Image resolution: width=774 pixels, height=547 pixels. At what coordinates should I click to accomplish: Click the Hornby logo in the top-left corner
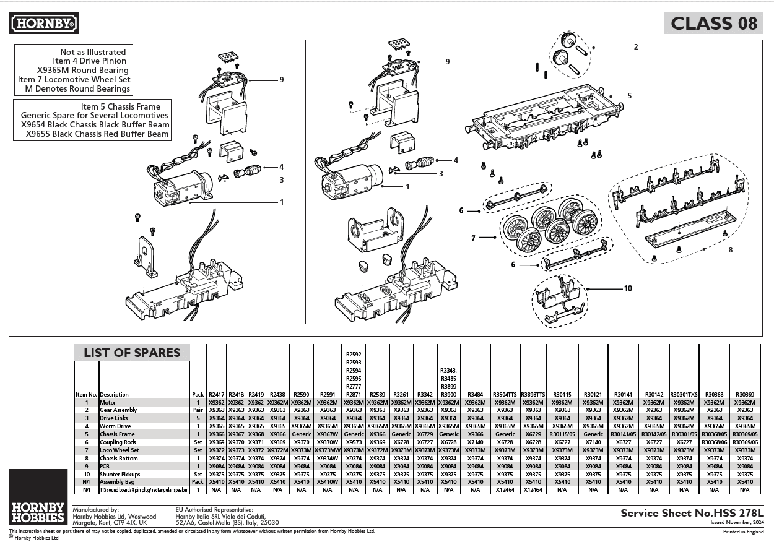tap(44, 24)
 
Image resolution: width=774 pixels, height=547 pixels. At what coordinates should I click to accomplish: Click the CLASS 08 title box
tap(713, 24)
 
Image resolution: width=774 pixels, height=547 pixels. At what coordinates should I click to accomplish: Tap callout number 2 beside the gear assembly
tap(635, 47)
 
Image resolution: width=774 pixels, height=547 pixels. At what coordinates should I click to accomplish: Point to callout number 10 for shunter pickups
tap(628, 288)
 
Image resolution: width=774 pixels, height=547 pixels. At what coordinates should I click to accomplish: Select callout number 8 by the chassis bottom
tap(730, 249)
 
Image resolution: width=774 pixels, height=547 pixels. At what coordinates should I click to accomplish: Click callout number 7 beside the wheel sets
tap(474, 237)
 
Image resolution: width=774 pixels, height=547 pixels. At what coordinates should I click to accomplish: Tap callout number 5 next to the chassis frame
tap(629, 96)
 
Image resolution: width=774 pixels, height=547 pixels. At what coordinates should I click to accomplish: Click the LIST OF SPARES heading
tap(132, 353)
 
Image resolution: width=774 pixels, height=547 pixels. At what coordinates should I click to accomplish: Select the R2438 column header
tap(277, 394)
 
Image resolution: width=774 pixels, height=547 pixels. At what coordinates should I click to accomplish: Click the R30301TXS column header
tap(684, 394)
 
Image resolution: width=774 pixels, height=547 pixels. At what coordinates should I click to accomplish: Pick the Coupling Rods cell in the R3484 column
tap(475, 442)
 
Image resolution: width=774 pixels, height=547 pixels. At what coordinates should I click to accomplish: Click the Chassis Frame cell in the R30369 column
tap(745, 434)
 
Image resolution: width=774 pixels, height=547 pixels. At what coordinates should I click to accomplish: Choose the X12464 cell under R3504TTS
tap(505, 489)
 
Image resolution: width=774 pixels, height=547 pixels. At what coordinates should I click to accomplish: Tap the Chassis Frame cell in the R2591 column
tap(328, 434)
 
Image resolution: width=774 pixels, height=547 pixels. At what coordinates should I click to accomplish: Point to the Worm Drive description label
tap(115, 426)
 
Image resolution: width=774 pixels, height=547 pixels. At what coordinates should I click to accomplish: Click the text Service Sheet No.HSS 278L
tap(692, 513)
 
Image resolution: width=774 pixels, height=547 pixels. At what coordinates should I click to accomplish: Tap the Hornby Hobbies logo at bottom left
tap(38, 513)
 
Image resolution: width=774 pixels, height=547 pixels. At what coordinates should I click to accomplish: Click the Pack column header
tap(198, 394)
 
